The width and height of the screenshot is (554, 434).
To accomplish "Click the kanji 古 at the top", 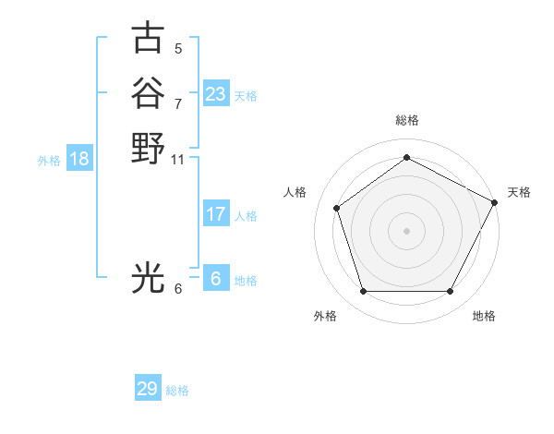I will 149,39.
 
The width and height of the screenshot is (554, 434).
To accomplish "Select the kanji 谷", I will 149,93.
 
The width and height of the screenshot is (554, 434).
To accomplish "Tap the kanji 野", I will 149,148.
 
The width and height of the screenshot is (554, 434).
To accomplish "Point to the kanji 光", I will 149,277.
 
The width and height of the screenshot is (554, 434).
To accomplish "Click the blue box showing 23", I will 215,94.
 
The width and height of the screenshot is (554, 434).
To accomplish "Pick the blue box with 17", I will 215,214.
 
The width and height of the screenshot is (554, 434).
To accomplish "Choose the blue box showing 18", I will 79,159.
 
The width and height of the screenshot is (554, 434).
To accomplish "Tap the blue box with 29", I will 147,389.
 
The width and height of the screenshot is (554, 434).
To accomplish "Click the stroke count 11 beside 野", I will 178,160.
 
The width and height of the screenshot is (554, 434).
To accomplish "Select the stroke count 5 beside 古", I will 178,49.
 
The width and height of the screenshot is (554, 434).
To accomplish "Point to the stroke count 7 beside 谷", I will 178,103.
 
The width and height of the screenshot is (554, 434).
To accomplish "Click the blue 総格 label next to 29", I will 177,391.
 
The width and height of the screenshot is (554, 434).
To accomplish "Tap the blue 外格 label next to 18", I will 49,161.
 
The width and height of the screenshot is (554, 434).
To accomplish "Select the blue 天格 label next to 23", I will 246,96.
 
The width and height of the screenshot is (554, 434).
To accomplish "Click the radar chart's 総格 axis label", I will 407,120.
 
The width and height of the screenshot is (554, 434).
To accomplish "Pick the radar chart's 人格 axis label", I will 295,191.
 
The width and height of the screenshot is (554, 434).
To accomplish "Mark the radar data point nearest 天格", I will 496,201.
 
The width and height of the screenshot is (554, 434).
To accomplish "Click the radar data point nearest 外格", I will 363,292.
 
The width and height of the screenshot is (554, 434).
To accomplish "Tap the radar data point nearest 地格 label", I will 451,292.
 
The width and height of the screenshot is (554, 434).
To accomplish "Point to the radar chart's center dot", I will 407,230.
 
